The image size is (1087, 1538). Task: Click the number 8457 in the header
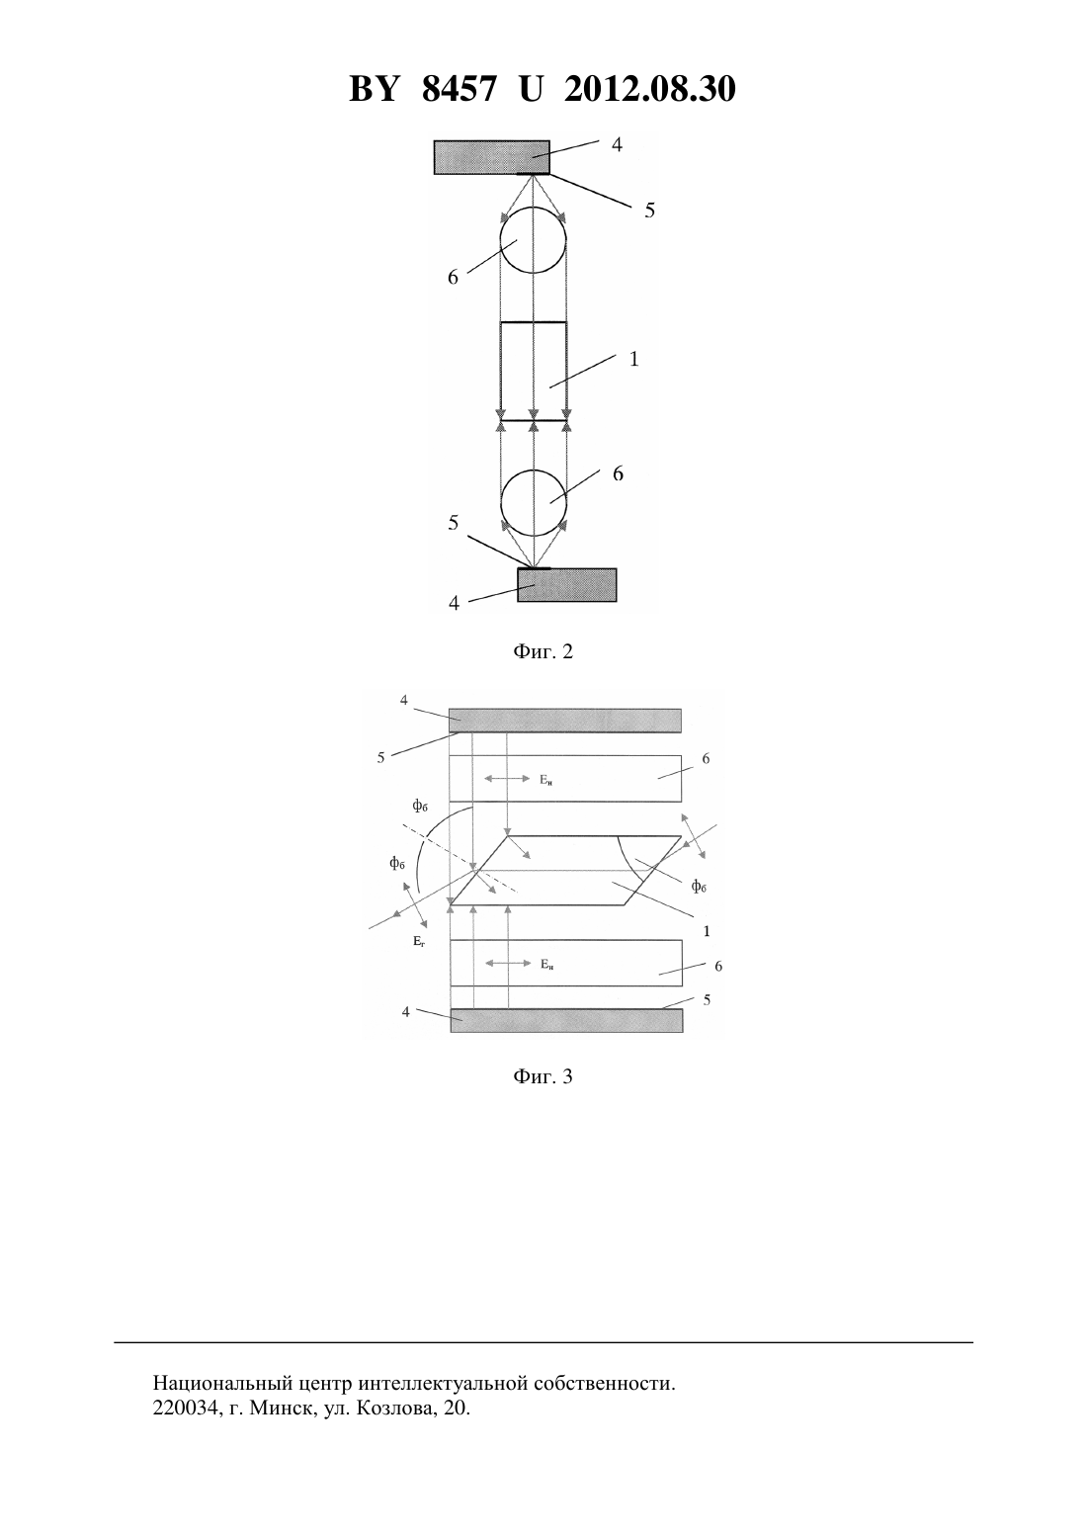[459, 89]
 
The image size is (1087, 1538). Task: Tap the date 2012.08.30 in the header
[650, 89]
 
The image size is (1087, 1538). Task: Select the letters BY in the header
[374, 89]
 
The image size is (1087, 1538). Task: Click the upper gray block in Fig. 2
[492, 157]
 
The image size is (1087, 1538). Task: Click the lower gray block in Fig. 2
[567, 585]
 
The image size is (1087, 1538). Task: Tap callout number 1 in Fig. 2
[634, 359]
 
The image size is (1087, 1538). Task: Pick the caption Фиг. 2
[543, 651]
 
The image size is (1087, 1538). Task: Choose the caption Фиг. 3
[543, 1076]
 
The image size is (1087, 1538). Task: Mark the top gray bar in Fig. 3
[565, 721]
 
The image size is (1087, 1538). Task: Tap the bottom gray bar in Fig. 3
[566, 1020]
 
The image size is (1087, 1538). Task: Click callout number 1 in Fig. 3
[707, 932]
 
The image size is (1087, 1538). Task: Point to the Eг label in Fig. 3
[419, 942]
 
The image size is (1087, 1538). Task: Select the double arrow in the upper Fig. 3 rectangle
[507, 778]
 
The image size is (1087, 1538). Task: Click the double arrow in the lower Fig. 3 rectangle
[508, 964]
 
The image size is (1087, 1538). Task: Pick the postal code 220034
[185, 1409]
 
